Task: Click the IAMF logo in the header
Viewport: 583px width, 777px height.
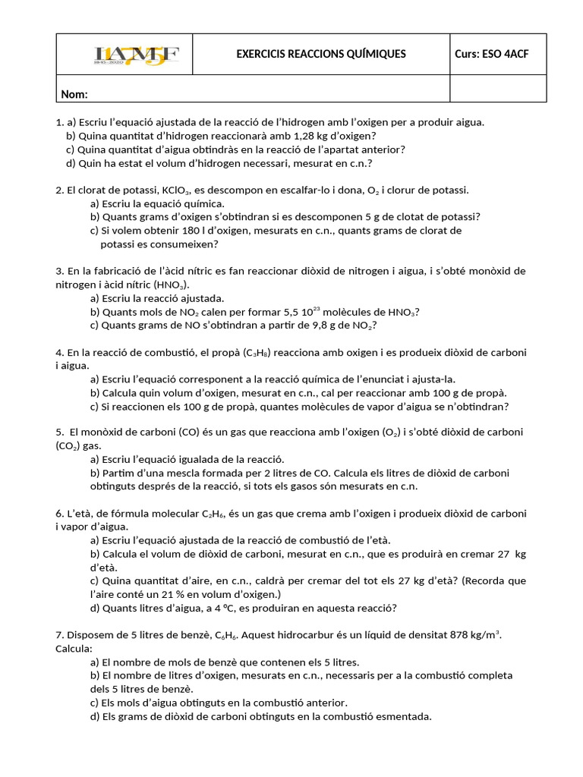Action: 137,55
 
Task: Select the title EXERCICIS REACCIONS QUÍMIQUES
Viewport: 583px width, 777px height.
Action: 321,54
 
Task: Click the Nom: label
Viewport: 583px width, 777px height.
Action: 74,94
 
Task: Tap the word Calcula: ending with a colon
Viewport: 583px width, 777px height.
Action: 74,649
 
